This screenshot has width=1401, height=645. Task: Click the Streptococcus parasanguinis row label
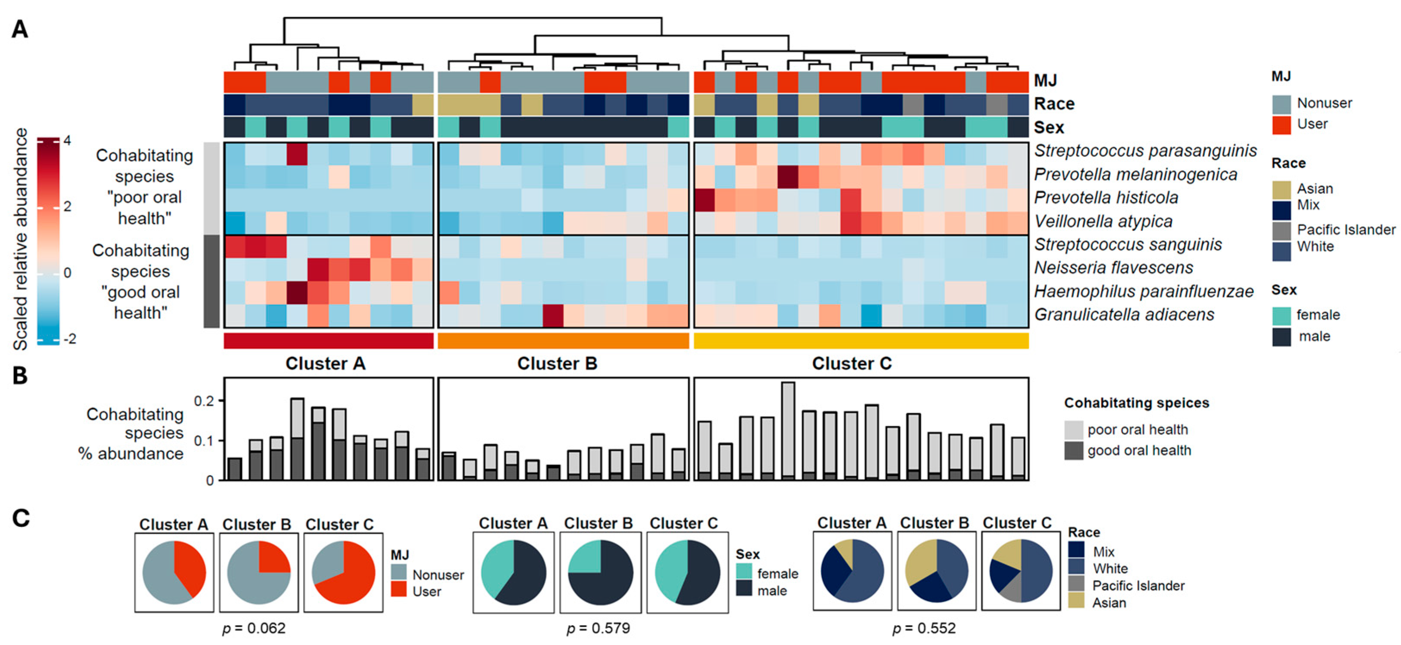coord(1145,151)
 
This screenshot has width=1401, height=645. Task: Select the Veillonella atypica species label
coord(1103,221)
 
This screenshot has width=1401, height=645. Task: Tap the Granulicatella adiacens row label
coord(1124,315)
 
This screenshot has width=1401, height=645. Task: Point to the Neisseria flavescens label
coord(1113,268)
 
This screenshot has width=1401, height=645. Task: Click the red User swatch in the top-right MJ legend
coord(1282,125)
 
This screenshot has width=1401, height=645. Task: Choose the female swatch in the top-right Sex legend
coord(1282,315)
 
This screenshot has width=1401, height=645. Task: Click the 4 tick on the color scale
coord(67,140)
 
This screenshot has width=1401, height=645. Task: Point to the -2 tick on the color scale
coord(69,339)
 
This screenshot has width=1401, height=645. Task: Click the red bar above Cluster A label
coord(329,341)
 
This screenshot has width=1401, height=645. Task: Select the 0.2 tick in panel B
coord(204,401)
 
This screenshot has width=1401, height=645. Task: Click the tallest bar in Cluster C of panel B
coord(787,430)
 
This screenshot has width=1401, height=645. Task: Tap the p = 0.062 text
coord(254,629)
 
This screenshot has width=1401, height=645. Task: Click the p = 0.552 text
coord(924,629)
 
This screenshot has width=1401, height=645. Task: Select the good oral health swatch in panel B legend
coord(1073,451)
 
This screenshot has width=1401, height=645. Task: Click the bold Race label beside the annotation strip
coord(1054,104)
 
